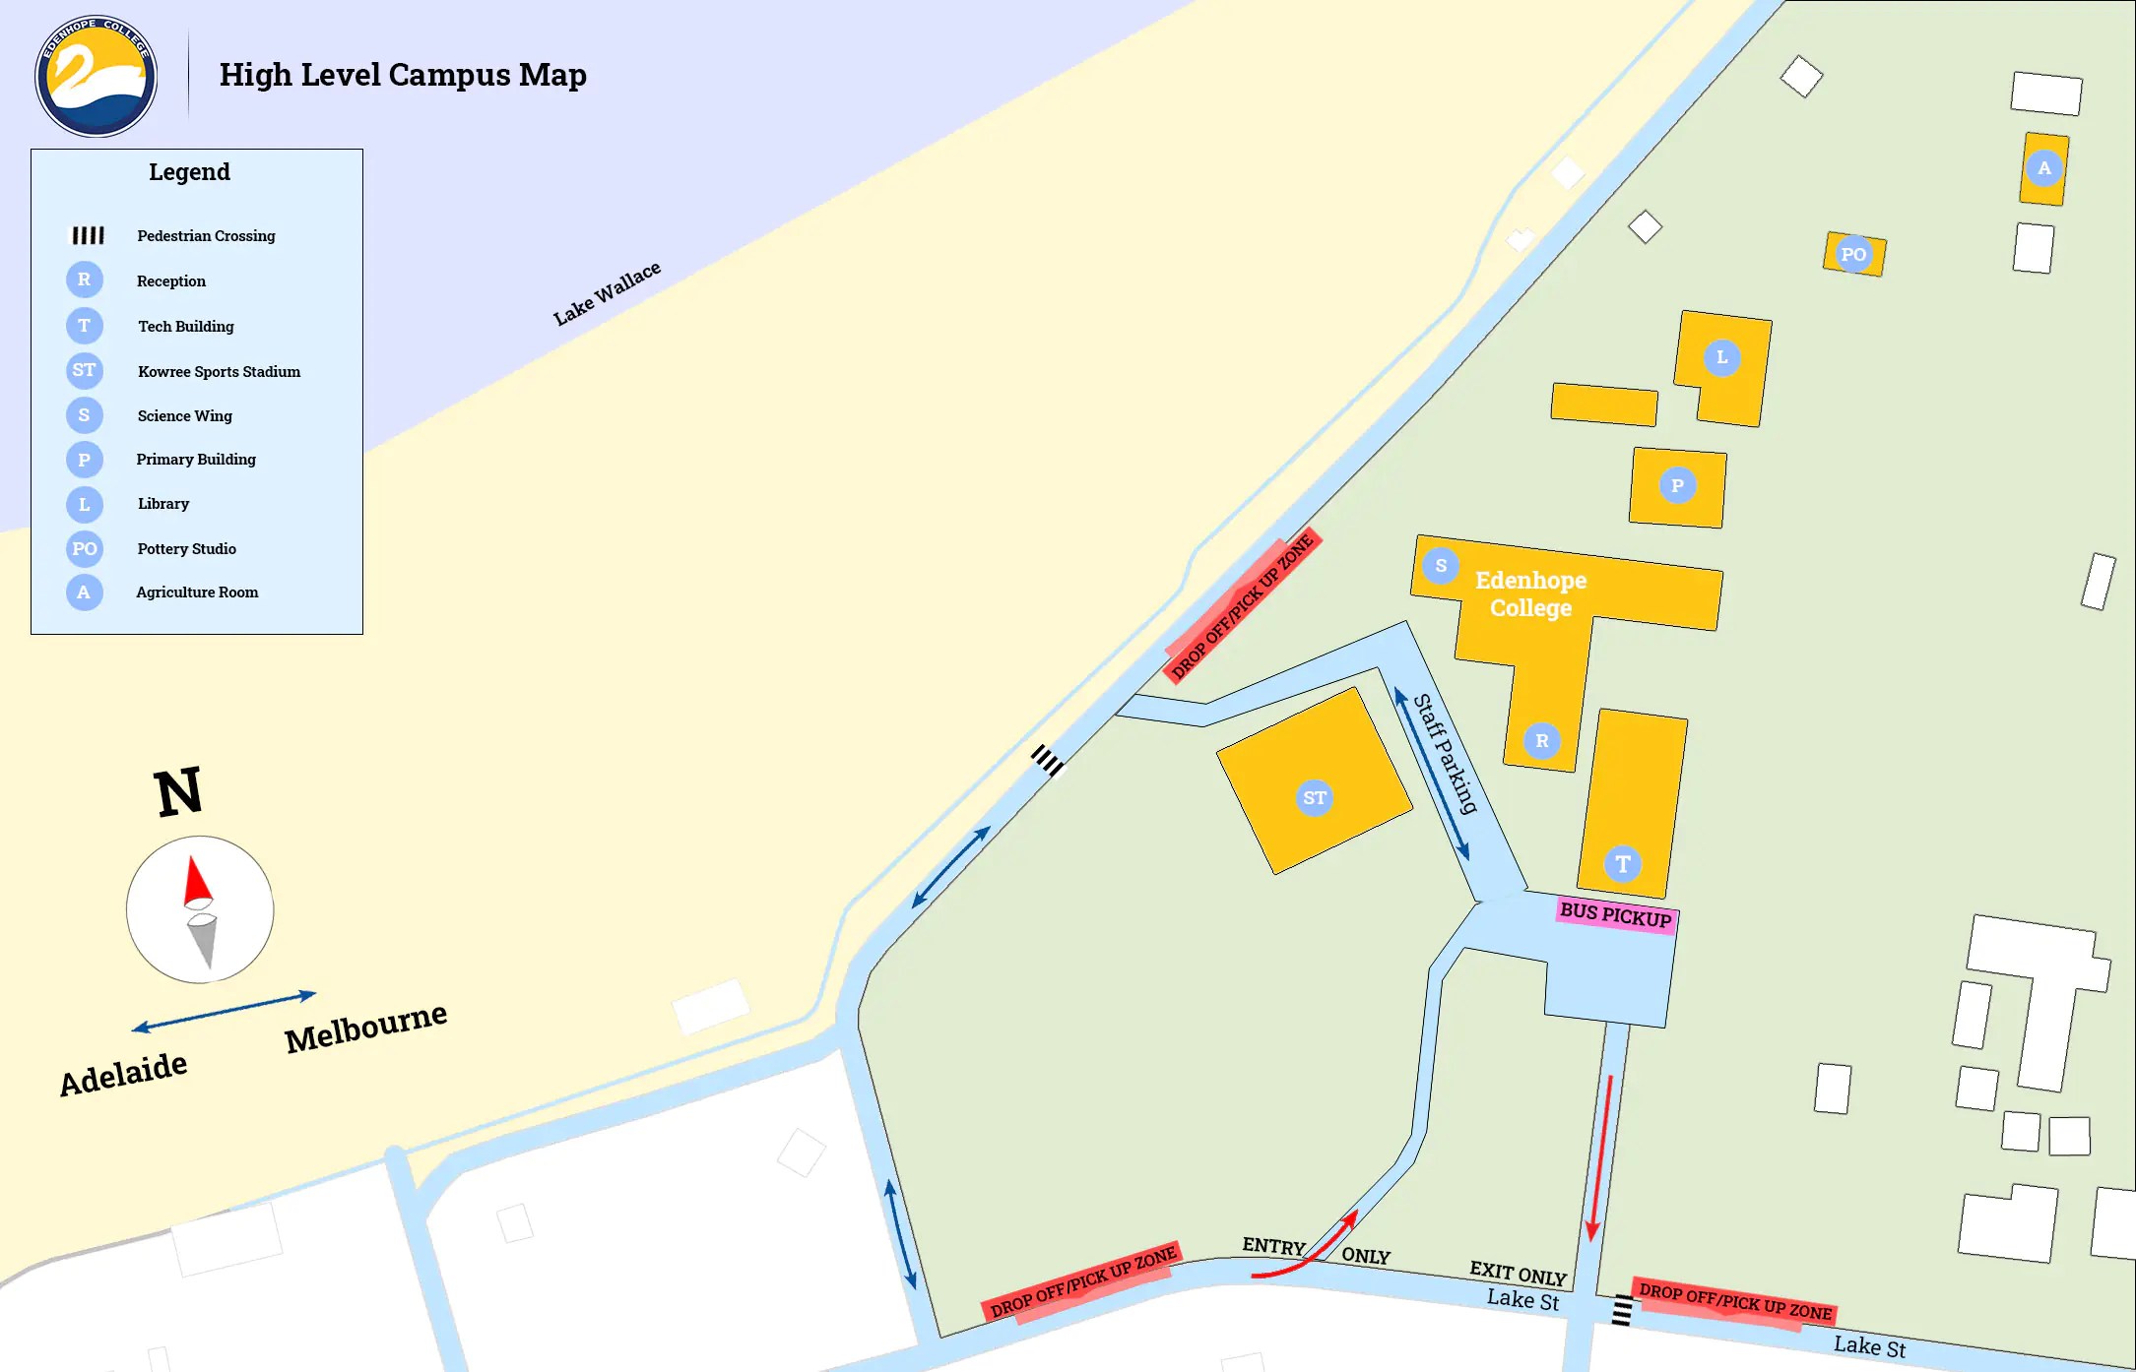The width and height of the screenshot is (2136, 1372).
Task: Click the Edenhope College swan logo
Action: tap(96, 76)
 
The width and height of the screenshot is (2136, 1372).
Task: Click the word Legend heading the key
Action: tap(189, 172)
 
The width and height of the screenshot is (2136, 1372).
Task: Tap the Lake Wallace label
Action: tap(607, 293)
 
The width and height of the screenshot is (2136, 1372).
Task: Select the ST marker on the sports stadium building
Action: tap(1315, 797)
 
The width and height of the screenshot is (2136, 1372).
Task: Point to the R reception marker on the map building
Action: tap(1542, 740)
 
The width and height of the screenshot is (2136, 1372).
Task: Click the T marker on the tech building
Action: tap(1623, 863)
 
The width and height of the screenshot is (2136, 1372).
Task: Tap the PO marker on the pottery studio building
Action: tap(1853, 254)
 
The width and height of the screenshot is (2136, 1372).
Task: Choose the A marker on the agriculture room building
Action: tap(2044, 168)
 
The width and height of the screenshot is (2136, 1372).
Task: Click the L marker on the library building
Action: tap(1721, 357)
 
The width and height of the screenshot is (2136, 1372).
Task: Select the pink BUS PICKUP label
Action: tap(1615, 915)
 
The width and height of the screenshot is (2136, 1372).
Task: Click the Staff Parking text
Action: tap(1446, 753)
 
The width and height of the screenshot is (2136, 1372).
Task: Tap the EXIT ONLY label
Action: tap(1518, 1274)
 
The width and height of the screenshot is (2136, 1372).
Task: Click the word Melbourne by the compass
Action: tap(365, 1028)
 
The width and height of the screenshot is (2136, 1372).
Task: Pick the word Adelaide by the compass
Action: tap(123, 1074)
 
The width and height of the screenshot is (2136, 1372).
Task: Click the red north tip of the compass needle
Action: tap(197, 880)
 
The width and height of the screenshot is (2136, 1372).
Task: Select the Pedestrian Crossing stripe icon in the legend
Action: tap(88, 235)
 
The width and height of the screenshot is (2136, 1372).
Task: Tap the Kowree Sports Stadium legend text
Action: tap(219, 371)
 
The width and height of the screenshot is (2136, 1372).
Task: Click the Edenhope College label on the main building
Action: tap(1530, 593)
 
